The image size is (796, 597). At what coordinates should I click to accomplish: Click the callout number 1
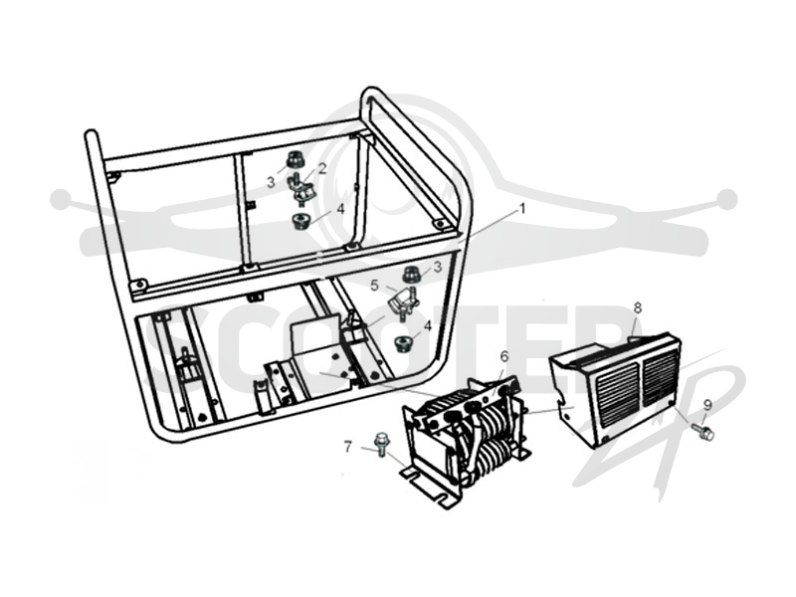click(522, 209)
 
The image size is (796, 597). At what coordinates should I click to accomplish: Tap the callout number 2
click(321, 168)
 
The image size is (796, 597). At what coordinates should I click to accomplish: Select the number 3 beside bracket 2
click(271, 181)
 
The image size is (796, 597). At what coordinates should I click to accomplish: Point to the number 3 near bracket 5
click(437, 266)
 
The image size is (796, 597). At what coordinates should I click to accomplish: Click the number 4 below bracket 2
click(340, 209)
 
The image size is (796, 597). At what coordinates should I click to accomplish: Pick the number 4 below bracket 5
click(428, 326)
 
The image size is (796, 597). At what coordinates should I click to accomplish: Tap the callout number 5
click(375, 286)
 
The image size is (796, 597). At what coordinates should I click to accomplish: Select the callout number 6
click(503, 356)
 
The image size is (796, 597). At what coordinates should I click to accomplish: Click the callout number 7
click(347, 447)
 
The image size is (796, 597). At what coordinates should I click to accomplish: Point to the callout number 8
click(638, 307)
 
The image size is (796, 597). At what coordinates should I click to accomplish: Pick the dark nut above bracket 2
click(294, 159)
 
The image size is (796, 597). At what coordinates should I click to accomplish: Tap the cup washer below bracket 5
click(404, 343)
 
